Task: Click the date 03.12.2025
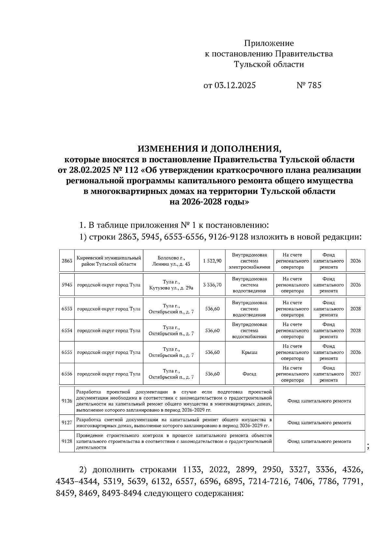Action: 235,85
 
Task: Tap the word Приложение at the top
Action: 269,43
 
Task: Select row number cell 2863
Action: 67,261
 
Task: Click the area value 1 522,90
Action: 212,261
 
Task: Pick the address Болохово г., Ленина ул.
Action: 171,261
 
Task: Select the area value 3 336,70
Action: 212,285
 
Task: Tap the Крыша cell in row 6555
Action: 249,352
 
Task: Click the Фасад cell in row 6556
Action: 249,374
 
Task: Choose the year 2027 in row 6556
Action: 355,374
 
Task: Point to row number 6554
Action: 67,330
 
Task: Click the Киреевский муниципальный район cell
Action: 109,261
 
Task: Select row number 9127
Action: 67,423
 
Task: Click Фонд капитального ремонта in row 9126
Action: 319,401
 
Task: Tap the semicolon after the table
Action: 368,447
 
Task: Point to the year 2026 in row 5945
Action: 355,285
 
